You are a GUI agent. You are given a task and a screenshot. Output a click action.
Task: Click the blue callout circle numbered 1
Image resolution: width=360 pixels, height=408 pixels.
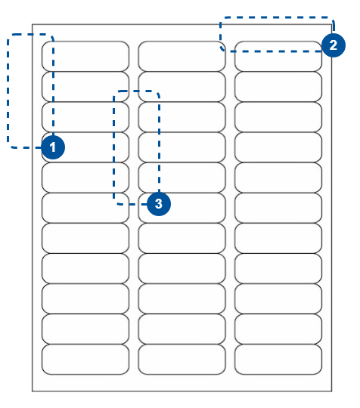(53, 147)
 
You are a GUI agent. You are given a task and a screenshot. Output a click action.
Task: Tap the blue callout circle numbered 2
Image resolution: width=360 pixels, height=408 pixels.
(334, 45)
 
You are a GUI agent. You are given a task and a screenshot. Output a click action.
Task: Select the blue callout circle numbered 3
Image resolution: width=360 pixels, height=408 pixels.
(159, 204)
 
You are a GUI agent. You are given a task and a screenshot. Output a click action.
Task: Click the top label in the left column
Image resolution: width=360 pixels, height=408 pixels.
(85, 56)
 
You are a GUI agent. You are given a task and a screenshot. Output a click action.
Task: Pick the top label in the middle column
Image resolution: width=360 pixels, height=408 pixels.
(182, 56)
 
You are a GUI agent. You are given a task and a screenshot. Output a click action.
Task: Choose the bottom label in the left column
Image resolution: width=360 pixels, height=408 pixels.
(85, 360)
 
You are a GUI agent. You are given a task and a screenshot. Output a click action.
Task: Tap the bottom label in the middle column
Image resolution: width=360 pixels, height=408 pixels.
(182, 360)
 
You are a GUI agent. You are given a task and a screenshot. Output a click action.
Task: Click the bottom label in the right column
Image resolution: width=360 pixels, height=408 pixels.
(278, 360)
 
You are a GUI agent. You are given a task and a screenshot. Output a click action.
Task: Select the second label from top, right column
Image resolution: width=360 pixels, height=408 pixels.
(278, 87)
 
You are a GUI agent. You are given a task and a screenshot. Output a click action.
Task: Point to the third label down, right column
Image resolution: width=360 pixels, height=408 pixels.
(278, 117)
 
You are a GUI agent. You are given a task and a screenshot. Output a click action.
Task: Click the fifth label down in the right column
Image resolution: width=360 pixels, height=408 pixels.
(278, 178)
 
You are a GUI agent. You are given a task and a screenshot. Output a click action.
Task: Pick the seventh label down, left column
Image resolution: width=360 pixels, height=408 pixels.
(85, 238)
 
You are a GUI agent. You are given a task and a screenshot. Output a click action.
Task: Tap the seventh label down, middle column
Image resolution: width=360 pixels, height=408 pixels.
(182, 238)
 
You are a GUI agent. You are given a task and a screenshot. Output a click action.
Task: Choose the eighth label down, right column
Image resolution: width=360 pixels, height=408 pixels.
(278, 268)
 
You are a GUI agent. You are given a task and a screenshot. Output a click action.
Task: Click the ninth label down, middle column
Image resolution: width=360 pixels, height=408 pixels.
(182, 298)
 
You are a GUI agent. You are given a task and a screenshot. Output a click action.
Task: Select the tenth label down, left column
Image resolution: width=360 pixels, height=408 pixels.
(85, 329)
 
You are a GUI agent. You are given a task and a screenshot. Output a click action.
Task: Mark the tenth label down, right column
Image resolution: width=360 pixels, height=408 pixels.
(278, 329)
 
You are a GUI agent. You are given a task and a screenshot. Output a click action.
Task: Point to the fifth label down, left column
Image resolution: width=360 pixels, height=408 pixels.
(85, 178)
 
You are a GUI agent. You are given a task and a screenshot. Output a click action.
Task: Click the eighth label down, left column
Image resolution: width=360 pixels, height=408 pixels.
(85, 268)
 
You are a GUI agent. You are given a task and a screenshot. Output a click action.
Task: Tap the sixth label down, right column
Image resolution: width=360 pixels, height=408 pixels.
(278, 208)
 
